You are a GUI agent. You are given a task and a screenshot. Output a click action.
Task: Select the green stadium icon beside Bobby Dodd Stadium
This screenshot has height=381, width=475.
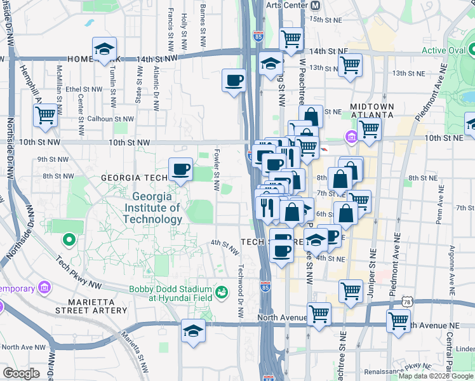pyautogui.click(x=220, y=292)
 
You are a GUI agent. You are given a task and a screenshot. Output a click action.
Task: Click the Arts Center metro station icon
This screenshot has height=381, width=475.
pyautogui.click(x=315, y=5)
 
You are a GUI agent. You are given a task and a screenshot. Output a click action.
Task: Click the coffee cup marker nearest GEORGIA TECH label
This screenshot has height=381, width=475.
pyautogui.click(x=180, y=170)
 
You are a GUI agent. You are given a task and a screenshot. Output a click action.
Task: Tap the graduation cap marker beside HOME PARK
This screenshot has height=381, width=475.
pyautogui.click(x=104, y=48)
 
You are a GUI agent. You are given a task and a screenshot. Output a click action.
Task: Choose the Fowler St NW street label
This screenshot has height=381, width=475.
pyautogui.click(x=217, y=170)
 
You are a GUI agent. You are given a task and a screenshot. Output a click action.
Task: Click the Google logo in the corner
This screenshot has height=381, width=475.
pyautogui.click(x=21, y=373)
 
